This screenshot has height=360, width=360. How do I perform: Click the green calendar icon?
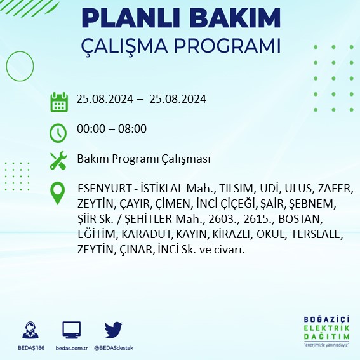58,102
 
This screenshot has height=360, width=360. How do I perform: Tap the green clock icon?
58,132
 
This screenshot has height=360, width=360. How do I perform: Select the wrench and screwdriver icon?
58,160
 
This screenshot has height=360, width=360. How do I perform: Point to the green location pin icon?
58,192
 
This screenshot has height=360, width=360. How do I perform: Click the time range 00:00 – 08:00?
111,129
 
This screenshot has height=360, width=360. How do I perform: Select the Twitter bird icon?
113,330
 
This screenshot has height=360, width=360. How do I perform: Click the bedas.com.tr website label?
71,348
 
